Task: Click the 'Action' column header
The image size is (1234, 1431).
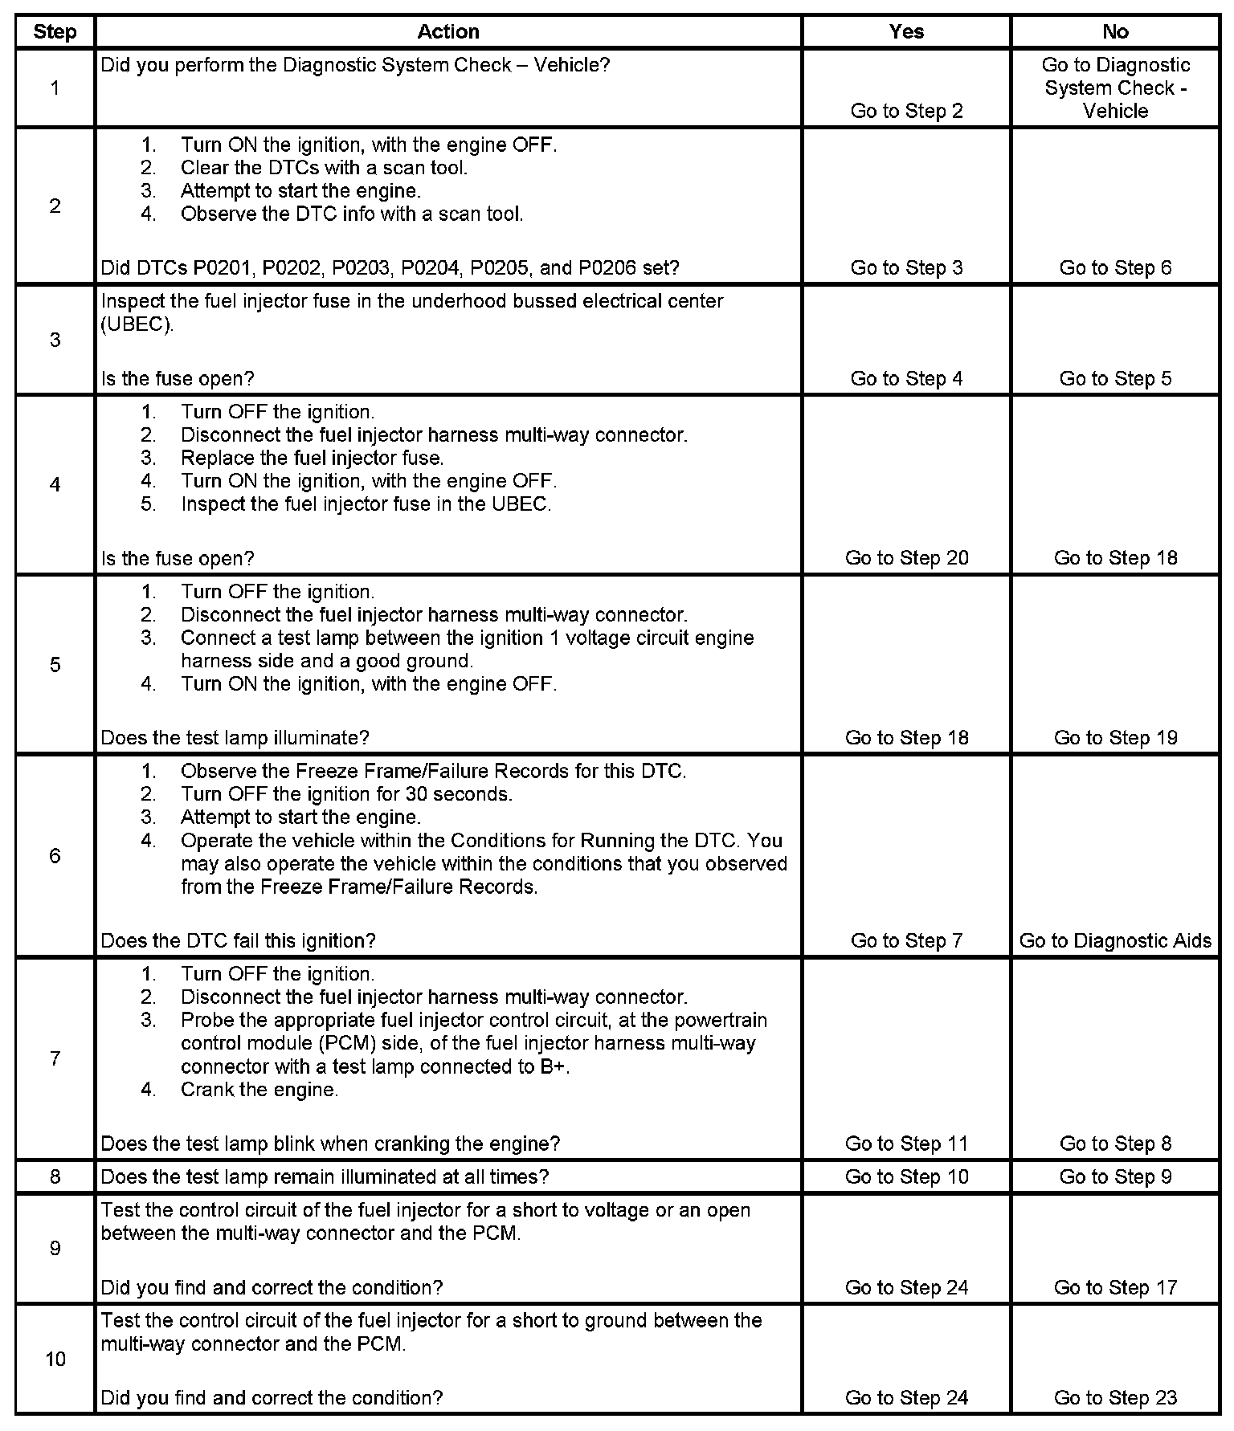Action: click(x=448, y=32)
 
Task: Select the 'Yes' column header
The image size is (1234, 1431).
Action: click(x=906, y=32)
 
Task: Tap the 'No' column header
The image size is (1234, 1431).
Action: click(x=1115, y=32)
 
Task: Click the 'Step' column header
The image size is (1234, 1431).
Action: click(x=55, y=32)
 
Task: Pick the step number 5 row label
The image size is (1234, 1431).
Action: click(x=55, y=665)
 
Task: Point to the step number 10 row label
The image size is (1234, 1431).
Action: click(x=55, y=1360)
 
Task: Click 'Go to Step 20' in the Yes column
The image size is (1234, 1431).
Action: click(x=906, y=558)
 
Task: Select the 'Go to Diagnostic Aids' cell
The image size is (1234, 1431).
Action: click(x=1115, y=940)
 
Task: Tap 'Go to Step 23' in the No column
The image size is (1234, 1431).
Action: click(x=1115, y=1398)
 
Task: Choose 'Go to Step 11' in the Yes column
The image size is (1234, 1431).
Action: click(x=906, y=1144)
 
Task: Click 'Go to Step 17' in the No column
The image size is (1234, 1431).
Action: click(x=1115, y=1287)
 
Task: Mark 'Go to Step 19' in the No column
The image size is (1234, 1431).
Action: click(x=1115, y=738)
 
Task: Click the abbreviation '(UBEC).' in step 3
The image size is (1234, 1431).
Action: click(x=137, y=325)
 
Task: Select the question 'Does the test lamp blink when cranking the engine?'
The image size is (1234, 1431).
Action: click(x=330, y=1144)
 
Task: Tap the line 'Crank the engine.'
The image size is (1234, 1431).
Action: click(x=259, y=1090)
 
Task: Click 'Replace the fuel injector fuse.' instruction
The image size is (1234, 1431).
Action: click(x=312, y=459)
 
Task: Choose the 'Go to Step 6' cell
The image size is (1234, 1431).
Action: click(x=1115, y=268)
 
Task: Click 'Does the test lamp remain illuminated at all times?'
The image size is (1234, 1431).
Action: click(x=325, y=1177)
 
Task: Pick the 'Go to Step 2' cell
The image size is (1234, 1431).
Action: click(x=906, y=111)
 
